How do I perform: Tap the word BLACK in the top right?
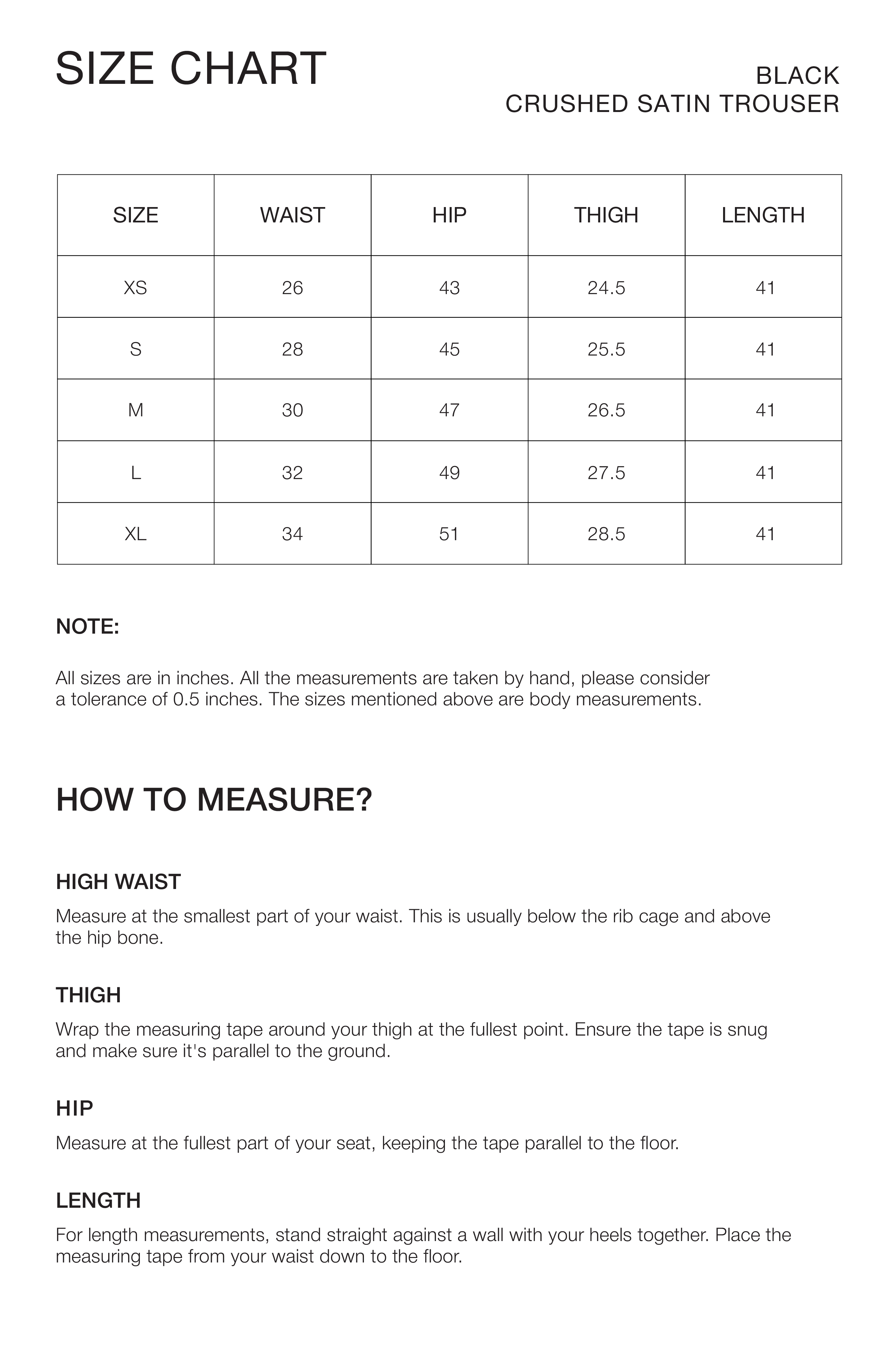[x=797, y=76]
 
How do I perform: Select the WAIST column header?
[x=293, y=215]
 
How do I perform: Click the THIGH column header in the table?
[x=606, y=215]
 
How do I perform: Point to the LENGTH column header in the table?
[x=763, y=215]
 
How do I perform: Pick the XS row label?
[x=136, y=287]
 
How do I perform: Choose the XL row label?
[x=136, y=534]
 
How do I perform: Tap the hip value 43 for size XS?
[x=449, y=287]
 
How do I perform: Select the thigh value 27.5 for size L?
[x=606, y=473]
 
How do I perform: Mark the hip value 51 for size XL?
[x=449, y=534]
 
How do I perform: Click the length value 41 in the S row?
[x=765, y=349]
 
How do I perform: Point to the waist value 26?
[x=293, y=287]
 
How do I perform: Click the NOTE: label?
[x=88, y=627]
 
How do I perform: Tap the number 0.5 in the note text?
[x=186, y=699]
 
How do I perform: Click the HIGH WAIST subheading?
[x=118, y=882]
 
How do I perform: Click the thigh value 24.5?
[x=606, y=287]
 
